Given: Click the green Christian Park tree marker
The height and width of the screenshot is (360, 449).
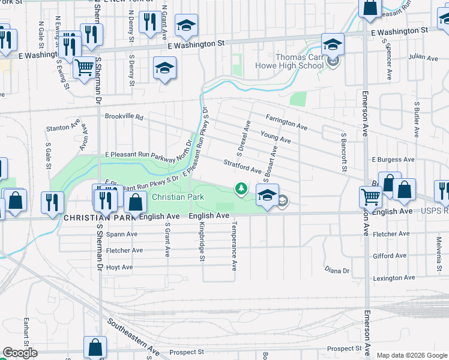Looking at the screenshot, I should (241, 190).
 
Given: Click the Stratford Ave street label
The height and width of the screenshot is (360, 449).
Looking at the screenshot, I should (243, 166).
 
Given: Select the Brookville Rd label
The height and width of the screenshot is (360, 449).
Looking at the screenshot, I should (124, 117).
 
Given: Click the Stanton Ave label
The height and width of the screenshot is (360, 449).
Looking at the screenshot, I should (63, 128).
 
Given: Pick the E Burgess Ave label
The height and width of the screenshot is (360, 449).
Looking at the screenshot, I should (393, 160).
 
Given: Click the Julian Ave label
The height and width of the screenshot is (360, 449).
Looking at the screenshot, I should (424, 58).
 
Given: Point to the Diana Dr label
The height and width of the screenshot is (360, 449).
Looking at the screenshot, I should (337, 271).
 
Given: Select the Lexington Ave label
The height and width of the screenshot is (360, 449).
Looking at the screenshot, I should (393, 278).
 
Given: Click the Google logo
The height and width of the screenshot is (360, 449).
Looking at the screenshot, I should (19, 353).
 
